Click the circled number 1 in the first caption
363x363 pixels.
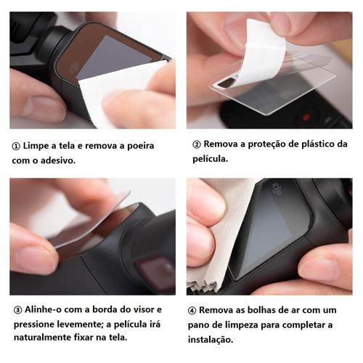pyautogui.click(x=16, y=147)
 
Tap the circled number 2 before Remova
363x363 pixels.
pyautogui.click(x=197, y=144)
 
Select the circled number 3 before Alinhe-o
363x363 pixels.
pyautogui.click(x=18, y=310)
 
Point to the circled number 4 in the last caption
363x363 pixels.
pyautogui.click(x=192, y=311)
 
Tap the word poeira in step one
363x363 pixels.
pyautogui.click(x=141, y=146)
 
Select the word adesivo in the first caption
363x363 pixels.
pyautogui.click(x=58, y=160)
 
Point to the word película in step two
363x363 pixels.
pyautogui.click(x=211, y=159)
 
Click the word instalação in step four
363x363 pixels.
pyautogui.click(x=211, y=340)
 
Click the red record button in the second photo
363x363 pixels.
pyautogui.click(x=306, y=118)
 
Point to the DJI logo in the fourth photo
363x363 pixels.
pyautogui.click(x=277, y=189)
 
